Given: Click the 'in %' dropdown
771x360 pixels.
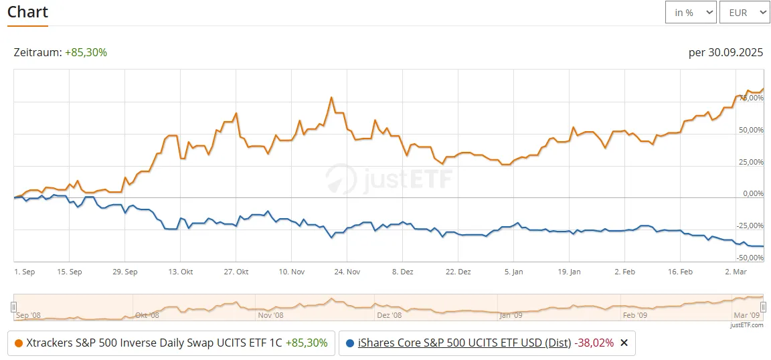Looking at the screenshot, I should tap(691, 12).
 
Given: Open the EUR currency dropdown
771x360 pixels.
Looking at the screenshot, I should tap(744, 12).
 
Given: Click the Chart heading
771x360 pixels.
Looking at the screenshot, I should tap(27, 12).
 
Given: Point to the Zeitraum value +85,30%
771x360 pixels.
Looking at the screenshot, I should tap(86, 52).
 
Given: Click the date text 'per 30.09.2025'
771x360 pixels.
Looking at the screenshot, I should tap(725, 52).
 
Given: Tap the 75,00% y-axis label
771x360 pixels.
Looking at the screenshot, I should tap(751, 98).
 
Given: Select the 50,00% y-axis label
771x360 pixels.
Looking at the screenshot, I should tap(751, 130).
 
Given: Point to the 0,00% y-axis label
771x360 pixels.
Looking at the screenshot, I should tap(753, 194).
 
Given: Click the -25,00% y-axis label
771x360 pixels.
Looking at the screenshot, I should tap(750, 226).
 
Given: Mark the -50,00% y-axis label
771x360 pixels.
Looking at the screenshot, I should tap(750, 258).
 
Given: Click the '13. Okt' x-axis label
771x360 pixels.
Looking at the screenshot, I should tap(181, 272).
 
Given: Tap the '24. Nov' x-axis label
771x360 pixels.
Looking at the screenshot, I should tap(347, 272).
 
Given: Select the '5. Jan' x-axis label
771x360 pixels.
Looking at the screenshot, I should tap(513, 272).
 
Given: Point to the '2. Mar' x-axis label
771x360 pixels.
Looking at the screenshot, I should tap(735, 272).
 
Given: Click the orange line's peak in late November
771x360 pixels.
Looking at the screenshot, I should tap(331, 98).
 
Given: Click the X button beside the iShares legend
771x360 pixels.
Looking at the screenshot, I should tap(624, 343).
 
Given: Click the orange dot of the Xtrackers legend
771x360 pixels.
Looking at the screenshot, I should tap(18, 343).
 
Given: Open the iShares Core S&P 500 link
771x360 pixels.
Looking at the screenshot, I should tap(464, 343).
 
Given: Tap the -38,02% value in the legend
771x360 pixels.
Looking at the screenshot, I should tap(594, 343).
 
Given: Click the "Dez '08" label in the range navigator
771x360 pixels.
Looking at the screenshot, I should tap(389, 314).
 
